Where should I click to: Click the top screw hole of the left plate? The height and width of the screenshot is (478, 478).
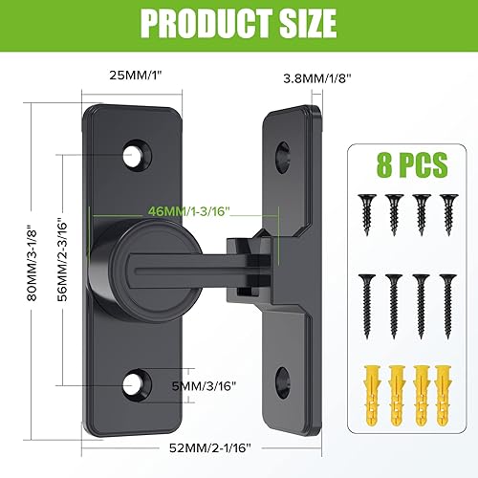(135, 152)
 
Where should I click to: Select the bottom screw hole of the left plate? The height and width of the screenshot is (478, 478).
(136, 384)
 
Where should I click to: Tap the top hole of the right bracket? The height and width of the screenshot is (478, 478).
(283, 153)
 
